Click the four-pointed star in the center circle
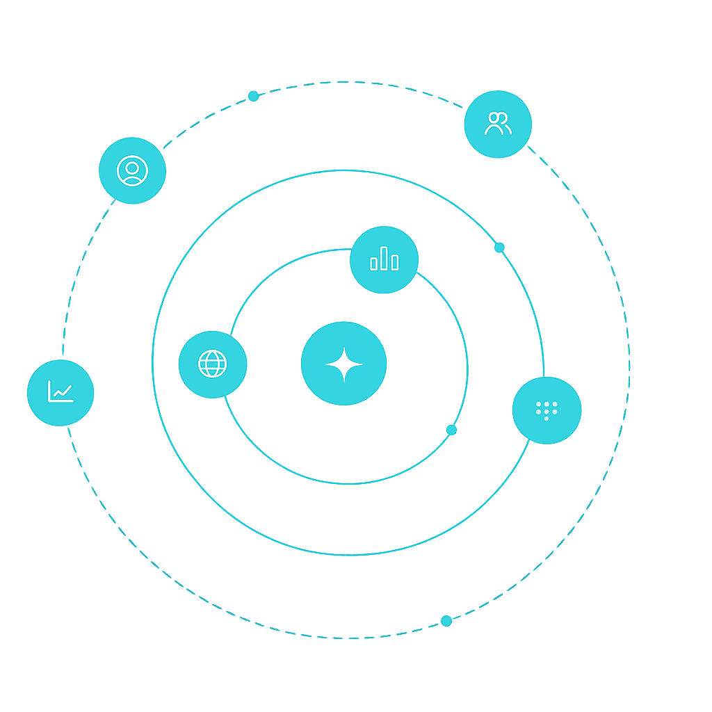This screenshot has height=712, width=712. pos(343,364)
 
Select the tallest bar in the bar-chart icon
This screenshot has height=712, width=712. pos(384,258)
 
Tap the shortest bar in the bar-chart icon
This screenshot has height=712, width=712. pos(373,264)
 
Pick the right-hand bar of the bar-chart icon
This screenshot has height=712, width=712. pos(395,262)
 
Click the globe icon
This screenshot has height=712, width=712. pos(212,364)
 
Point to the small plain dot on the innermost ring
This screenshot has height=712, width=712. pos(451,430)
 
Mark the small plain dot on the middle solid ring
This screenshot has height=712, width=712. pos(499,248)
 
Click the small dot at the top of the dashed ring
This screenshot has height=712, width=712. pos(253,96)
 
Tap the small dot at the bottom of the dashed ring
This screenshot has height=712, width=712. pos(446,621)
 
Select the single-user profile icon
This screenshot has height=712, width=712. pos(132,170)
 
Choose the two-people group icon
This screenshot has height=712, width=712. pos(498,124)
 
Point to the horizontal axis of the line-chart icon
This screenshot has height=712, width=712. pos(61,401)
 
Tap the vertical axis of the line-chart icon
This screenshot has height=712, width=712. pos(49,391)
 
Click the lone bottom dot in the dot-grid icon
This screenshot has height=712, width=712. pos(547,419)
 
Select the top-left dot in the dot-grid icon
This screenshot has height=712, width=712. pos(539,404)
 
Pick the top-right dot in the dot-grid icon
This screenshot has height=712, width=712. pos(555,404)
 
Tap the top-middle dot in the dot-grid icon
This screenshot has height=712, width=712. pos(547,404)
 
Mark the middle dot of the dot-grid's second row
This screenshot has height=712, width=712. pos(547,412)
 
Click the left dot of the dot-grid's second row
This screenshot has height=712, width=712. pos(539,412)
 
